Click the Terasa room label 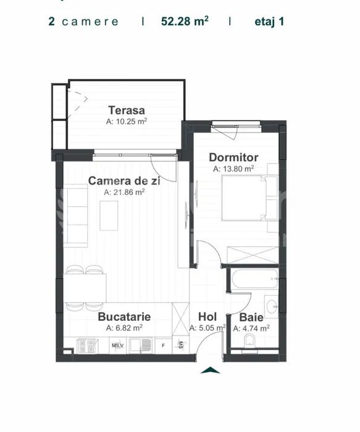[x=127, y=110]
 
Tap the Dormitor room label [x=233, y=157]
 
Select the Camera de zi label [x=124, y=181]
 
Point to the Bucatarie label [x=124, y=317]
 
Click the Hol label [x=207, y=317]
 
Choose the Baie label [x=251, y=317]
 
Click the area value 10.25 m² [x=127, y=121]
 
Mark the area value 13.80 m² [x=233, y=168]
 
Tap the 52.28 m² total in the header [x=185, y=21]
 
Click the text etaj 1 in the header [x=269, y=22]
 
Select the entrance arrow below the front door [x=210, y=370]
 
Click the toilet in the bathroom [x=249, y=342]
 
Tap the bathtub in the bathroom [x=254, y=279]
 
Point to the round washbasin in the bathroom [x=272, y=306]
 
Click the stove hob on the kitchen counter [x=86, y=346]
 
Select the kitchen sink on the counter [x=141, y=345]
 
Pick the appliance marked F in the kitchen [x=164, y=346]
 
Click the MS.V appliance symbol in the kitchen [x=118, y=346]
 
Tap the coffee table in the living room [x=109, y=216]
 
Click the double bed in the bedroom [x=244, y=198]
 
